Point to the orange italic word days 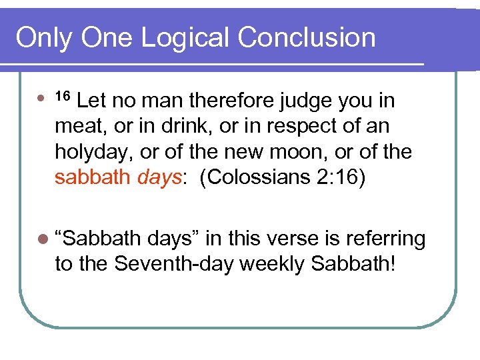click(161, 177)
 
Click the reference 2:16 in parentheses click(343, 177)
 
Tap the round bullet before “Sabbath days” click(43, 239)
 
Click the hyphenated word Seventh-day click(173, 263)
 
